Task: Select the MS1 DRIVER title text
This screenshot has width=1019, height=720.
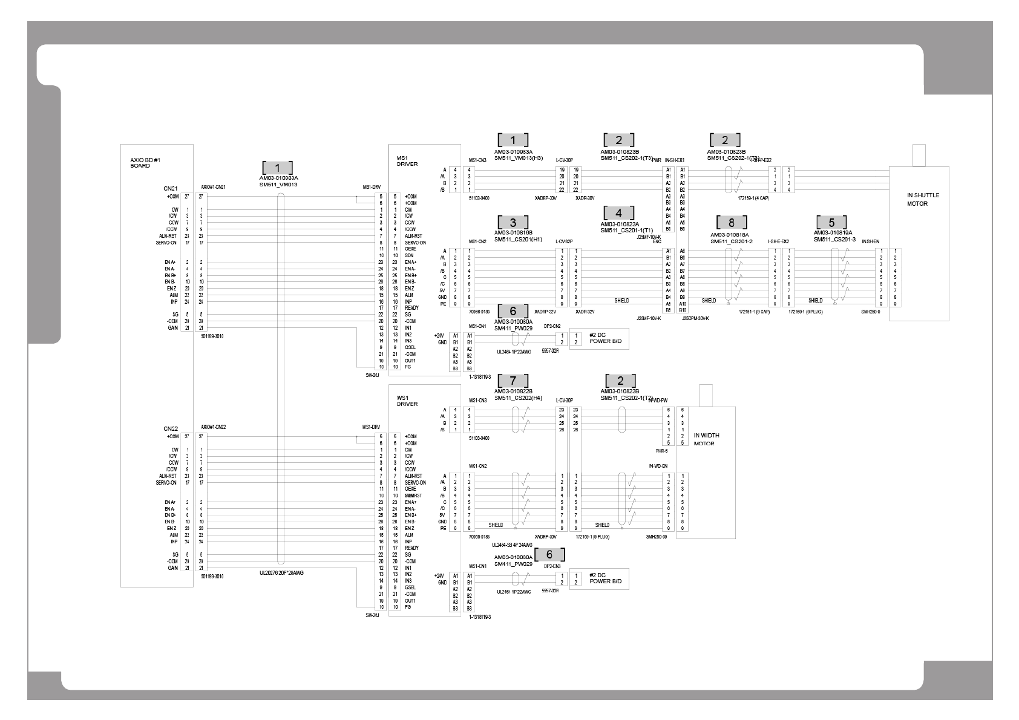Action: coord(407,160)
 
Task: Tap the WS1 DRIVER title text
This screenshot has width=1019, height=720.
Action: coord(407,401)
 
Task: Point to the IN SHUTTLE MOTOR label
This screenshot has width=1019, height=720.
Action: coord(923,199)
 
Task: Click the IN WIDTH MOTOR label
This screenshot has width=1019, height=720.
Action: coord(706,439)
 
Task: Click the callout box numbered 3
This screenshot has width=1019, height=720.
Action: coord(513,222)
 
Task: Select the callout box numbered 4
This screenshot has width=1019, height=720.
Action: coord(618,213)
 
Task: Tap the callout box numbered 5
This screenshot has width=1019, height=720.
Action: coord(831,222)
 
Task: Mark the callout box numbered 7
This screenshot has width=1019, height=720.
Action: coord(513,381)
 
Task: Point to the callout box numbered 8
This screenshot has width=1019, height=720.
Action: coord(731,222)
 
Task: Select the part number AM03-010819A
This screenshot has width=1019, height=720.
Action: coord(833,232)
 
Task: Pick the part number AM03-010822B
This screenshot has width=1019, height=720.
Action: coord(513,391)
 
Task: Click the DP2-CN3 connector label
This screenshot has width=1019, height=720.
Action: coord(552,566)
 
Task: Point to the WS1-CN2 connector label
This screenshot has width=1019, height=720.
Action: coord(477,466)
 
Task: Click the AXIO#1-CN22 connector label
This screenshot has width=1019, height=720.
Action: coord(213,427)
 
